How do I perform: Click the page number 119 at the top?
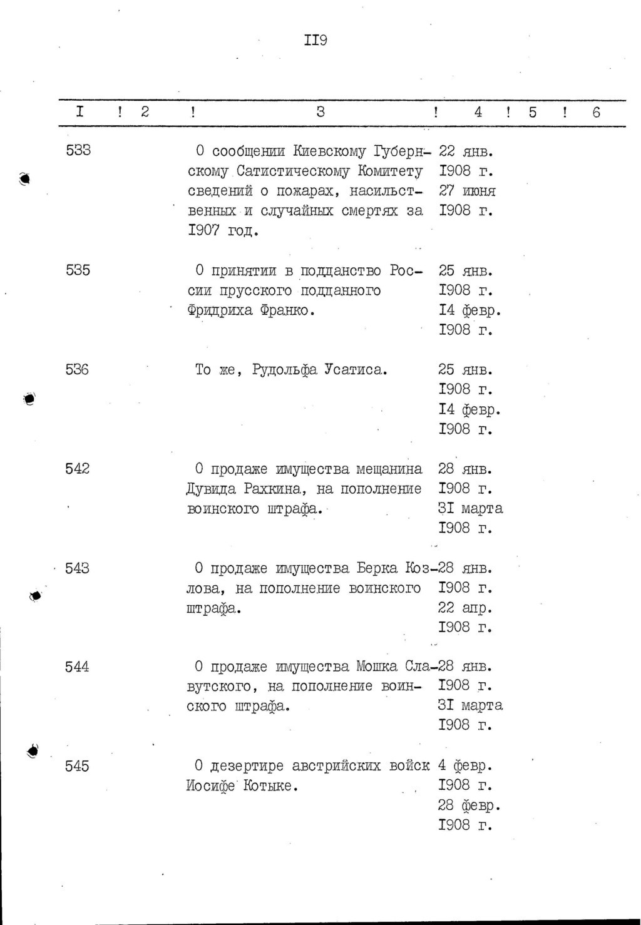tap(315, 41)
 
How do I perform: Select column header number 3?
tap(320, 112)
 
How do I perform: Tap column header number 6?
tap(596, 112)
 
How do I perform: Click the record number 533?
tap(78, 151)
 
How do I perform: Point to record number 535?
tap(78, 270)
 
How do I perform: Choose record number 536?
tap(78, 370)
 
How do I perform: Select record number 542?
tap(78, 469)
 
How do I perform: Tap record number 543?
tap(78, 568)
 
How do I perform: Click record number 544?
tap(78, 667)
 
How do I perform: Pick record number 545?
tap(78, 766)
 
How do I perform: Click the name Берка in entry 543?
tap(377, 568)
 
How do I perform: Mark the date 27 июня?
tap(467, 191)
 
